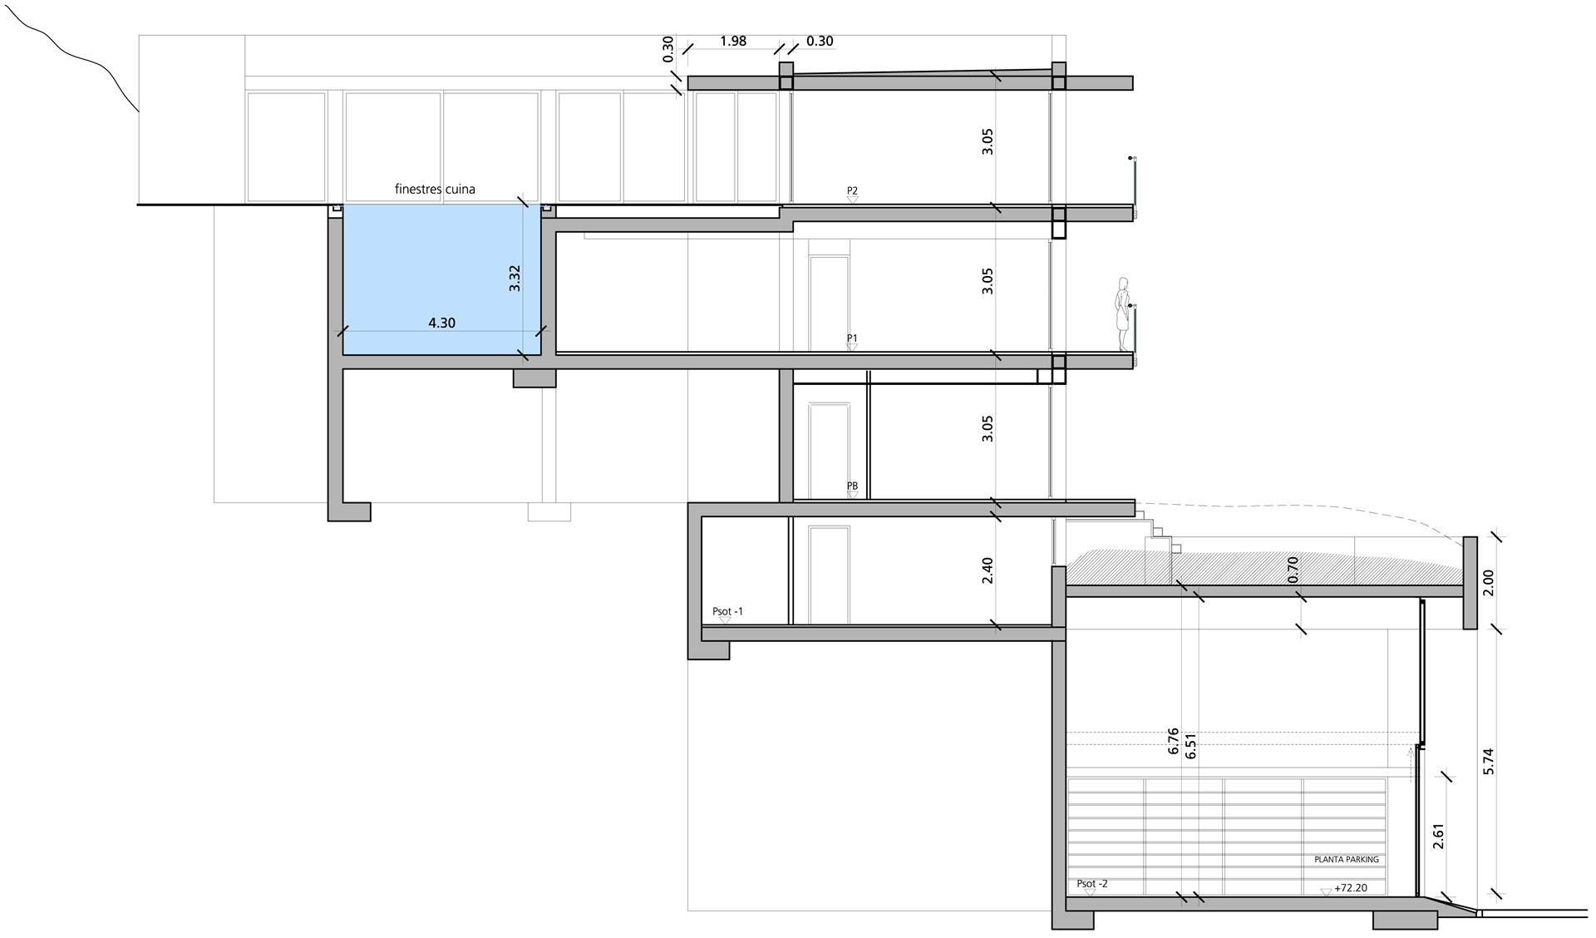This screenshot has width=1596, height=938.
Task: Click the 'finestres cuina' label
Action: (x=435, y=190)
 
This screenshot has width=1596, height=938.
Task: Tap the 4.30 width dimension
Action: (x=442, y=323)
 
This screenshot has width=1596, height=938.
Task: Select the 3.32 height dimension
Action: (x=515, y=278)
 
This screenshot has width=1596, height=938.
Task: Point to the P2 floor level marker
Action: (x=852, y=194)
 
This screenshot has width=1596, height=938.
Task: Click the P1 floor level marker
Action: (x=852, y=342)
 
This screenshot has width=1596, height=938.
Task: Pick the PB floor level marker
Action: (x=852, y=489)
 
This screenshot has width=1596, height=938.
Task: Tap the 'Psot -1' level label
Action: (x=727, y=612)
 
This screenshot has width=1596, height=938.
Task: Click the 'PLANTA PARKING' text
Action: (x=1346, y=860)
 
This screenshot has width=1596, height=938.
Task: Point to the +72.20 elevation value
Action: (x=1351, y=888)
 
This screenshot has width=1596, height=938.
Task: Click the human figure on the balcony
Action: (x=1124, y=315)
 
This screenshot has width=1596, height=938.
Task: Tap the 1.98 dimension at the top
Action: (x=733, y=41)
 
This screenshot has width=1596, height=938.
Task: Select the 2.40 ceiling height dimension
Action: (x=988, y=570)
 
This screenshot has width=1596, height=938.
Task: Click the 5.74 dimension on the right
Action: (x=1488, y=762)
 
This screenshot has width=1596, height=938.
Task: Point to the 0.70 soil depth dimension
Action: (x=1293, y=569)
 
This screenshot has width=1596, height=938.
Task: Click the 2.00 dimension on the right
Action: (x=1488, y=582)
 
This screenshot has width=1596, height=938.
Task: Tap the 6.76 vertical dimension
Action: (x=1173, y=741)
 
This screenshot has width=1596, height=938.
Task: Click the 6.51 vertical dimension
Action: (x=1191, y=746)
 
